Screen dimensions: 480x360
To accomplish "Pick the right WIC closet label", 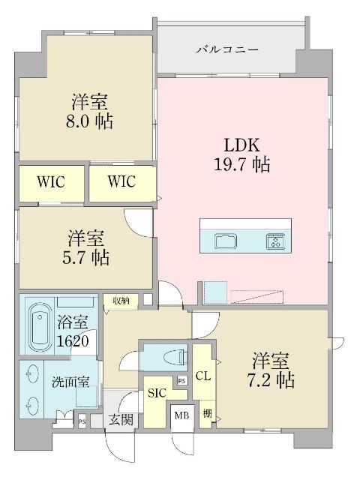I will pos(121,181).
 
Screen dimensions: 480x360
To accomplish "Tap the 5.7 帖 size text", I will pos(88,257).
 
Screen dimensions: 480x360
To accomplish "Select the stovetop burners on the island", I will pos(275,241).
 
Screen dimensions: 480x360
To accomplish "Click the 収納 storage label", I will pos(121,301).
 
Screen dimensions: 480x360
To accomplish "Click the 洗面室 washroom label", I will pos(70,381).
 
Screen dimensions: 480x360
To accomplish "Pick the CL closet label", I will pos(202,376).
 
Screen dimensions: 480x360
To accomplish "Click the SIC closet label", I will pos(157,393).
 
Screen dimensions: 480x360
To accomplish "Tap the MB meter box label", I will pos(181,414).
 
